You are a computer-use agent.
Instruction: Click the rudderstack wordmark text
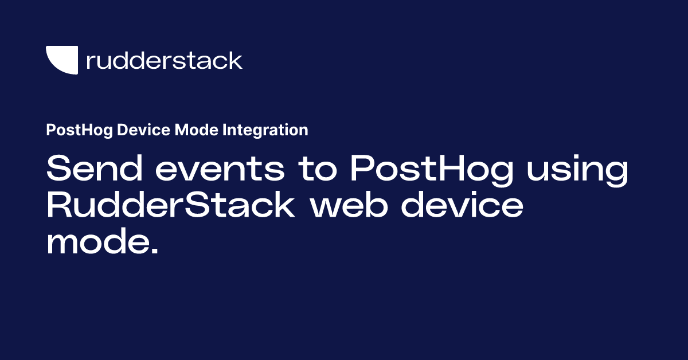[164, 60]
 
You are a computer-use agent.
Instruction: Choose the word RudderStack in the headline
[170, 205]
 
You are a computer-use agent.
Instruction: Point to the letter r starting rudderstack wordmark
[89, 62]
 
